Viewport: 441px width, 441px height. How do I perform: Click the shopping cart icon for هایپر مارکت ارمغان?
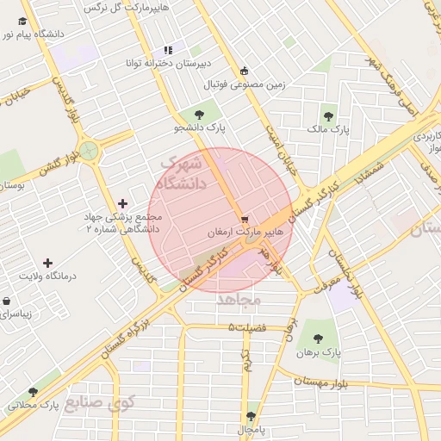tap(245, 219)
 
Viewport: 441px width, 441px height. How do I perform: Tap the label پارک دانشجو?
tap(200, 127)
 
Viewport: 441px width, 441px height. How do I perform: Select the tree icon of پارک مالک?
tap(327, 114)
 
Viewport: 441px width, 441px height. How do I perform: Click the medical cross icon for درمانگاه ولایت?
tap(47, 262)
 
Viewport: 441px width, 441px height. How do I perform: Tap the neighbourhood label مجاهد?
tap(239, 299)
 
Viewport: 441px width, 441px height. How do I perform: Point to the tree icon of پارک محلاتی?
tap(33, 391)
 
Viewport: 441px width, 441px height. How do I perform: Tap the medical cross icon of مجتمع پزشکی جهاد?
tap(122, 204)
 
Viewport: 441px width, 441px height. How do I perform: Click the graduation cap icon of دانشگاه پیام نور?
tap(22, 22)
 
